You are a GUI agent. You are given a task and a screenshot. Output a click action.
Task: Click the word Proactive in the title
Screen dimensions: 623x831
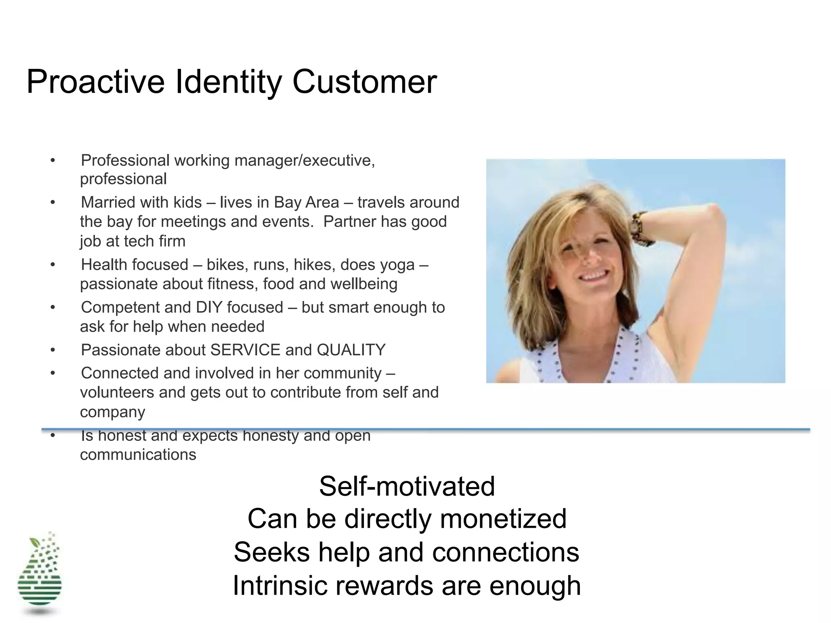coord(96,82)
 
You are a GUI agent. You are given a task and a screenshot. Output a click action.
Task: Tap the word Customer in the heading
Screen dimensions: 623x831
coord(364,82)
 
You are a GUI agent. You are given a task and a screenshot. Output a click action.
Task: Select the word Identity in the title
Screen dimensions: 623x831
coord(228,83)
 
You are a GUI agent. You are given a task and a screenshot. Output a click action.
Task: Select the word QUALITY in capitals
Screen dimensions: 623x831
coord(351,350)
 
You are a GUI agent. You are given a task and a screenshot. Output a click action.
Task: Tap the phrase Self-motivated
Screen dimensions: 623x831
coord(407,486)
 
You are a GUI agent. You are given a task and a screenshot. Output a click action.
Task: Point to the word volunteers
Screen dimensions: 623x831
coord(117,393)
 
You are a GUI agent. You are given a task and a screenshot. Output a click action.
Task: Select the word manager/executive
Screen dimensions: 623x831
coord(305,161)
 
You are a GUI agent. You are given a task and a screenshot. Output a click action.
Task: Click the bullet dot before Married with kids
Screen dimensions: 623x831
coord(53,202)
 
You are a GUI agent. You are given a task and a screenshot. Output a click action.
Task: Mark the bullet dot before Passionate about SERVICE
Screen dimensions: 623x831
coord(53,350)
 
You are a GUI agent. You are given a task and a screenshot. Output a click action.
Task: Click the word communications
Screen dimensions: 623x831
coord(138,455)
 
